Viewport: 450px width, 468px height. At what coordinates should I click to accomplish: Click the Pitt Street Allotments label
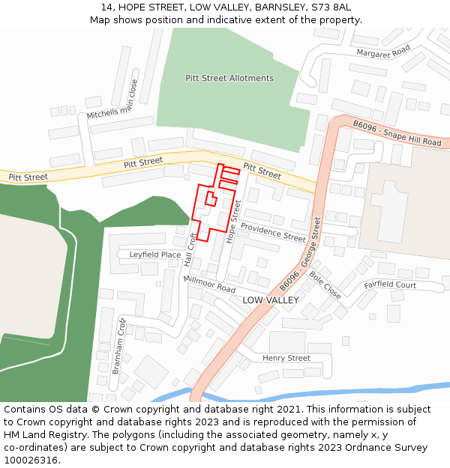(x=229, y=78)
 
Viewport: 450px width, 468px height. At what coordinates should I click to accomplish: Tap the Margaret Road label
(x=383, y=52)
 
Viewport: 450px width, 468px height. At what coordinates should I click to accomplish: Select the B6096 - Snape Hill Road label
(x=397, y=133)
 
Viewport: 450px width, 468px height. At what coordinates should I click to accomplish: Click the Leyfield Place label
(x=154, y=255)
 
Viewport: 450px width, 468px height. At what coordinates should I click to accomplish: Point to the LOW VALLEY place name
(x=270, y=300)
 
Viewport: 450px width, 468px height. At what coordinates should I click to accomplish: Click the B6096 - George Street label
(x=300, y=255)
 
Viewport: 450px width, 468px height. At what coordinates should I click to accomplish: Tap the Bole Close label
(x=325, y=285)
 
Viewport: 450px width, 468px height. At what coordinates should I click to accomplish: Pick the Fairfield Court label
(x=390, y=285)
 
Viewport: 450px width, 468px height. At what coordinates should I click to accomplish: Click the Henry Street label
(x=286, y=358)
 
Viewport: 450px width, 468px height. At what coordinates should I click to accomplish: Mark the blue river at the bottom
(x=337, y=392)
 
